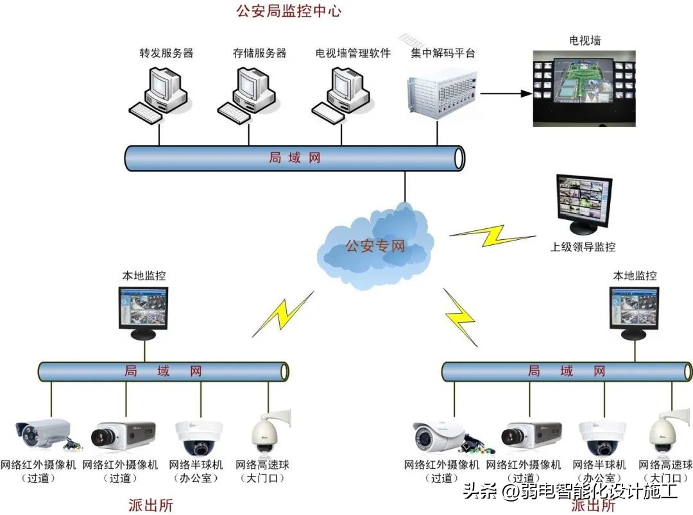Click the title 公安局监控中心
[x=289, y=11]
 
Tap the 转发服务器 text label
[x=166, y=53]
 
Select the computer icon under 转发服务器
[x=160, y=93]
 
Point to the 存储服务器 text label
[x=259, y=53]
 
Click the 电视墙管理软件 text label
[x=353, y=53]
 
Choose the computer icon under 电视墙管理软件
[x=343, y=93]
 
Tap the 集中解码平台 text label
[x=443, y=53]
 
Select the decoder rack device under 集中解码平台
[x=442, y=93]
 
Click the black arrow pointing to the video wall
[x=506, y=94]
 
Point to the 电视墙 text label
[x=585, y=41]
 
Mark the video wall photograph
[x=585, y=88]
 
